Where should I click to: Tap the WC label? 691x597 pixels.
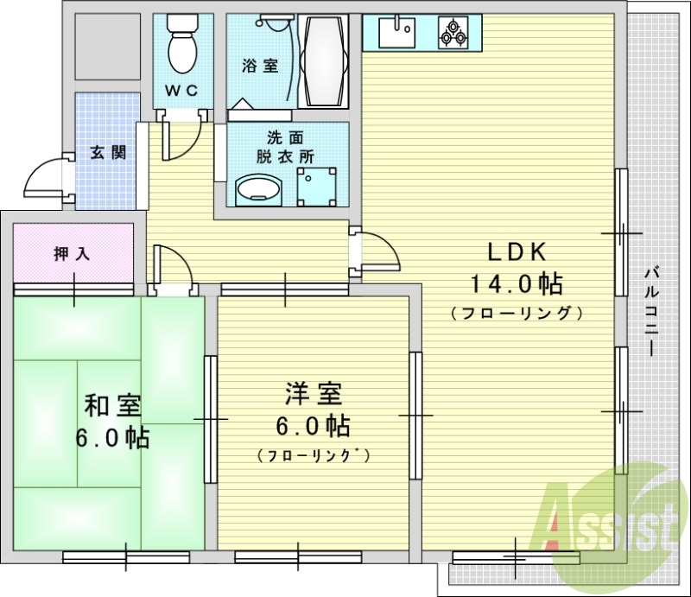pyautogui.click(x=181, y=90)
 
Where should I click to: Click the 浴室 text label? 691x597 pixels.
pyautogui.click(x=259, y=66)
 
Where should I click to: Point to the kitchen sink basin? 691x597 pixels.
pyautogui.click(x=396, y=34)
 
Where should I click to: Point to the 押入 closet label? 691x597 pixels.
pyautogui.click(x=73, y=254)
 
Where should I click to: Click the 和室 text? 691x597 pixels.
pyautogui.click(x=113, y=405)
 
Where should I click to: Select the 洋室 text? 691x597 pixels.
pyautogui.click(x=314, y=394)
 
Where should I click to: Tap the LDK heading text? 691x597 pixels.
pyautogui.click(x=516, y=251)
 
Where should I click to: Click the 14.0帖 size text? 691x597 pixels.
pyautogui.click(x=517, y=283)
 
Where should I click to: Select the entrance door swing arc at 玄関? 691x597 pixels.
pyautogui.click(x=43, y=177)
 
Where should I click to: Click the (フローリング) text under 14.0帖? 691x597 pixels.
pyautogui.click(x=517, y=312)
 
